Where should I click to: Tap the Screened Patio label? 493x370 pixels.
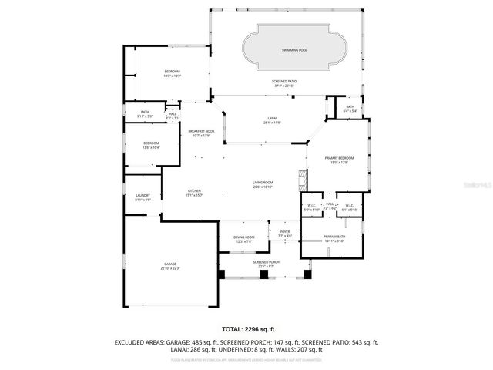coord(283,83)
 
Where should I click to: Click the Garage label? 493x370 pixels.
coord(169,266)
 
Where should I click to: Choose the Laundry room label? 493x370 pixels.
coord(143,197)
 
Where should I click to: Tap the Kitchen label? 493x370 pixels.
coord(194,193)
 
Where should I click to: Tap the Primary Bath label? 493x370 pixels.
coord(334,238)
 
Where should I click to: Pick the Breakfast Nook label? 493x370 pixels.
coord(201,133)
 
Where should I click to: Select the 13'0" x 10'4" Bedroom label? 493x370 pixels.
coord(150,145)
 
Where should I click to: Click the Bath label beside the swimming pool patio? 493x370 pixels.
coord(350,109)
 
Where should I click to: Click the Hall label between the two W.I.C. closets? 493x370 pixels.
coord(329,207)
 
